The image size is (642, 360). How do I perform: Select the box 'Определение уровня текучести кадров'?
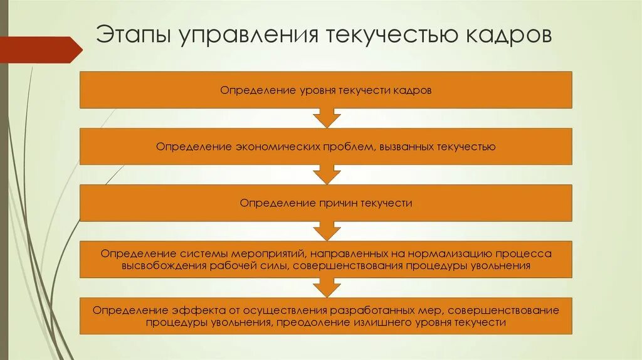click(326, 90)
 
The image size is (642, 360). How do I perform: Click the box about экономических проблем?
click(326, 147)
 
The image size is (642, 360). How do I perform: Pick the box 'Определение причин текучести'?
click(326, 203)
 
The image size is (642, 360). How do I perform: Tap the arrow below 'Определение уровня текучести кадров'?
click(326, 118)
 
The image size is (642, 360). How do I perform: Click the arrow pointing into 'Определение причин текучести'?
click(326, 174)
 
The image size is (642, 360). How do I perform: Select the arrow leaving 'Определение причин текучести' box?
click(326, 231)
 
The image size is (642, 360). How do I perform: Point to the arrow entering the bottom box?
click(326, 287)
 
